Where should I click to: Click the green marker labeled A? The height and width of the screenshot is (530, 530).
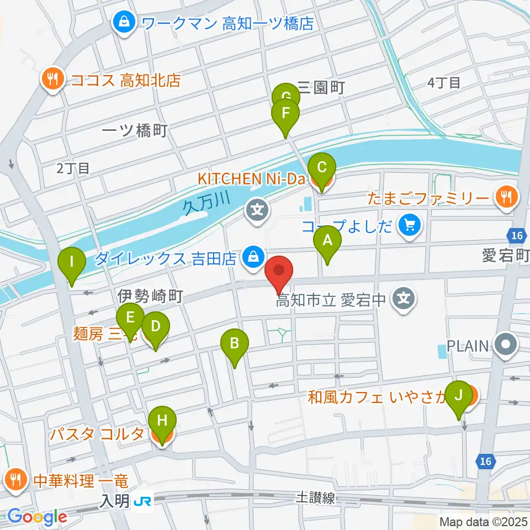327,241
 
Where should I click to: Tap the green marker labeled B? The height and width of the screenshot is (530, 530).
235,344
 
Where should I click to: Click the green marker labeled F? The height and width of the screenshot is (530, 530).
285,114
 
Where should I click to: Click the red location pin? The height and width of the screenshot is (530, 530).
279,272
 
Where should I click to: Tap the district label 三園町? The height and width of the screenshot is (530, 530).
321,87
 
